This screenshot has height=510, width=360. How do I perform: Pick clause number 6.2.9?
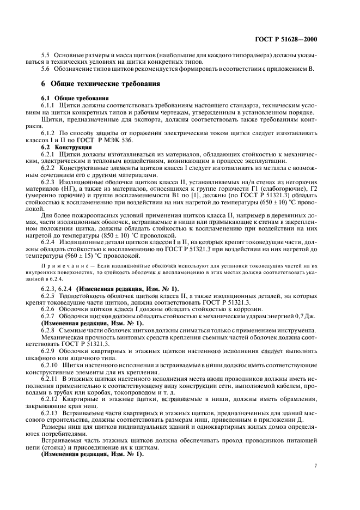(x=49, y=353)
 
